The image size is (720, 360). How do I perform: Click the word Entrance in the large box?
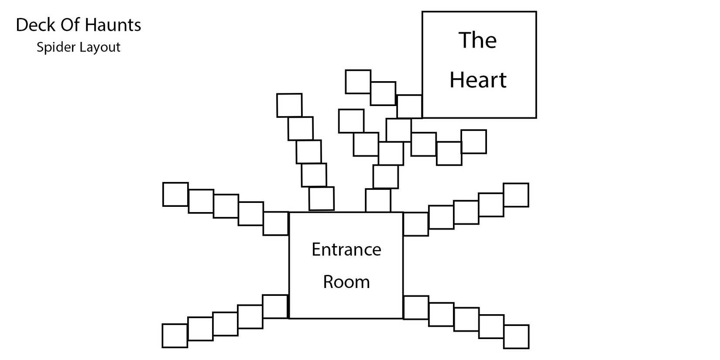pyautogui.click(x=346, y=250)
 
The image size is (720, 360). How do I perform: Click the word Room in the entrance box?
pyautogui.click(x=346, y=282)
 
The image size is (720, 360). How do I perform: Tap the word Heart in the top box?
pyautogui.click(x=478, y=80)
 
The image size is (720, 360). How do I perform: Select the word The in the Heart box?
pyautogui.click(x=477, y=40)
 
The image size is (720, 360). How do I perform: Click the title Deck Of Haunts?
pyautogui.click(x=79, y=25)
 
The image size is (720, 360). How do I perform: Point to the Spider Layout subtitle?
pyautogui.click(x=79, y=47)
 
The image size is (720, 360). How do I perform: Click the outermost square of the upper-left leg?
pyautogui.click(x=175, y=194)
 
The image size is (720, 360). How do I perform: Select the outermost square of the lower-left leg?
pyautogui.click(x=175, y=336)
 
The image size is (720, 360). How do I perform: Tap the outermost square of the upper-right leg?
pyautogui.click(x=516, y=195)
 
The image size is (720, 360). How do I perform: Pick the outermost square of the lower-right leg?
pyautogui.click(x=516, y=336)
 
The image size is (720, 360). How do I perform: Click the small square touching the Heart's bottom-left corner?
pyautogui.click(x=409, y=106)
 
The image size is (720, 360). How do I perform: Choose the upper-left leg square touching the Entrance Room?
pyautogui.click(x=276, y=223)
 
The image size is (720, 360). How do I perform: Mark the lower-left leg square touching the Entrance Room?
pyautogui.click(x=275, y=306)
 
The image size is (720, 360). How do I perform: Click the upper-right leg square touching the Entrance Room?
pyautogui.click(x=415, y=224)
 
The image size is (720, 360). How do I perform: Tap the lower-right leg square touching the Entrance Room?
pyautogui.click(x=416, y=307)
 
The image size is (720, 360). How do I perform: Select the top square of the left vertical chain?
pyautogui.click(x=289, y=105)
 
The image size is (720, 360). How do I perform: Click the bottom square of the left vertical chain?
pyautogui.click(x=322, y=199)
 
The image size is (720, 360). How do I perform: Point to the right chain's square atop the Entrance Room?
pyautogui.click(x=378, y=200)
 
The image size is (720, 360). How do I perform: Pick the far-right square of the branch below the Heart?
pyautogui.click(x=473, y=141)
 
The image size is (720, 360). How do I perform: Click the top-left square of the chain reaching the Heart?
pyautogui.click(x=358, y=82)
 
